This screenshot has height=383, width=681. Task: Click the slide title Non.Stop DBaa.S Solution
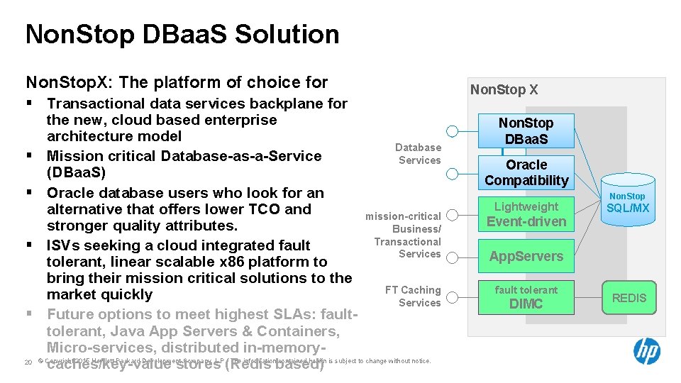pyautogui.click(x=182, y=34)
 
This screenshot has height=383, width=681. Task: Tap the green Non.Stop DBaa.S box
pyautogui.click(x=526, y=131)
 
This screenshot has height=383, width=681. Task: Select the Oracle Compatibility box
pyautogui.click(x=526, y=172)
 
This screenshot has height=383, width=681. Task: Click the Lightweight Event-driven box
pyautogui.click(x=526, y=214)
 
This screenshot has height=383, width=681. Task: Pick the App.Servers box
pyautogui.click(x=526, y=256)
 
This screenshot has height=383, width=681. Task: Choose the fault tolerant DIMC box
pyautogui.click(x=526, y=297)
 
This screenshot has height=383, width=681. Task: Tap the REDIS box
pyautogui.click(x=629, y=298)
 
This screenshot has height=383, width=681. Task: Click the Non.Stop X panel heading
pyautogui.click(x=504, y=90)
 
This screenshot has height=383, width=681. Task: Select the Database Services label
pyautogui.click(x=419, y=154)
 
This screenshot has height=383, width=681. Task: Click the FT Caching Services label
pyautogui.click(x=413, y=296)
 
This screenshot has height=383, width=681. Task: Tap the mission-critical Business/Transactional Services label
pyautogui.click(x=405, y=235)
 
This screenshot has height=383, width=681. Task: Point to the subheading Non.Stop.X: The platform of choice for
pyautogui.click(x=177, y=82)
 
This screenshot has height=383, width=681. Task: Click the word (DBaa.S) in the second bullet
pyautogui.click(x=75, y=172)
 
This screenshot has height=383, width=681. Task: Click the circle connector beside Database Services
pyautogui.click(x=453, y=131)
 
